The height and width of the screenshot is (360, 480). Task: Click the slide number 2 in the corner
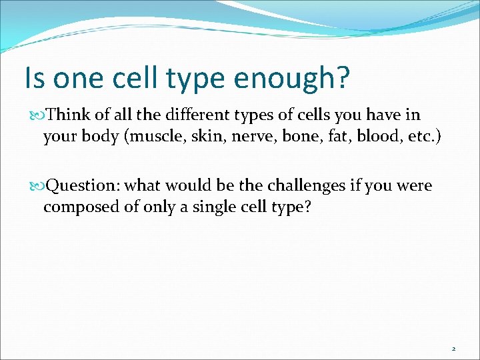pos(453,349)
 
